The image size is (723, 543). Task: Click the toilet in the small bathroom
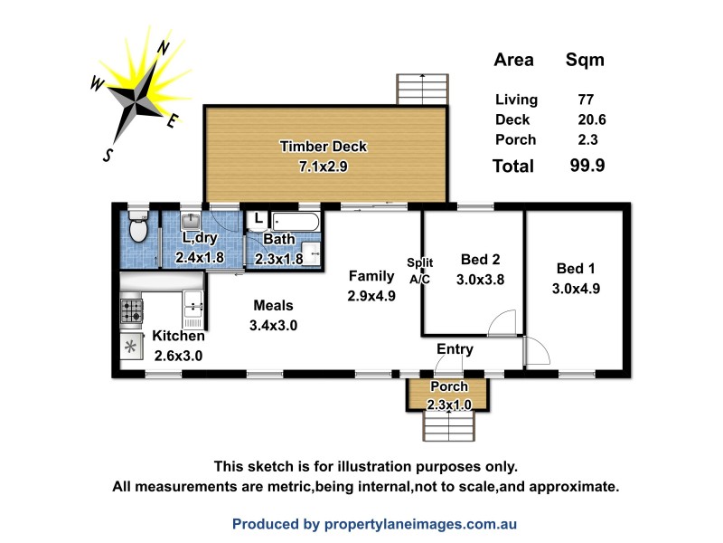pos(138,229)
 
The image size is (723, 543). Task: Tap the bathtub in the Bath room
pos(295,220)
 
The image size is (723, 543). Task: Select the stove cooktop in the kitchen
pos(132,312)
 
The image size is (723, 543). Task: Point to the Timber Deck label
pos(324,147)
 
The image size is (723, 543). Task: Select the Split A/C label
pos(420,271)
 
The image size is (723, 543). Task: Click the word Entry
pos(455,348)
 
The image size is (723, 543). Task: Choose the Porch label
pos(448,386)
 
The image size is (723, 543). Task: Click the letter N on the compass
pos(163,47)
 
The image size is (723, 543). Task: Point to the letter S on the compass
pos(108,155)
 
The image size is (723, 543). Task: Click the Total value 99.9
pos(585,166)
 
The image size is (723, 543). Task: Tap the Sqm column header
pos(585,61)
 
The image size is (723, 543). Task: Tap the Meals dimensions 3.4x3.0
pos(274,326)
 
